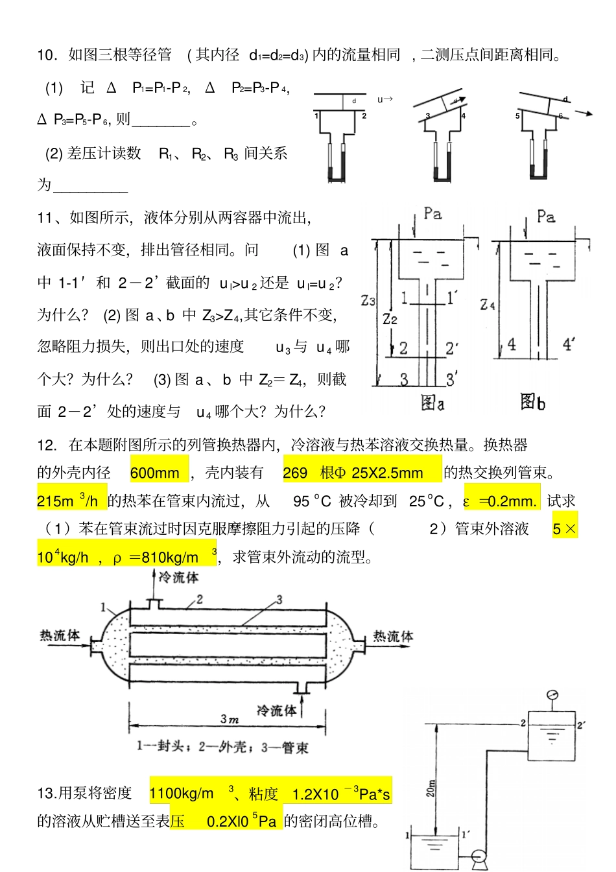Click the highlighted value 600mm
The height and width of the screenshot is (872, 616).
155,473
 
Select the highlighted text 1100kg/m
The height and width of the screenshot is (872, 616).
182,794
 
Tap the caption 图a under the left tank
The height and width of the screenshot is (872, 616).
432,403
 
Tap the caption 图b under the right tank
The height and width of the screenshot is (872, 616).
532,403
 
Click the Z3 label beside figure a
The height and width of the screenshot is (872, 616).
368,301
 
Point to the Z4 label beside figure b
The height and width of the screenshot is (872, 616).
487,304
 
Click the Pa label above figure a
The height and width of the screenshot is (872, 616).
432,213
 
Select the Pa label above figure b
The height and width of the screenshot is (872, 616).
546,217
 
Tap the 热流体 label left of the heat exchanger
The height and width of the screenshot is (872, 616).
60,636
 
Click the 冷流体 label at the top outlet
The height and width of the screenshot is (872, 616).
178,577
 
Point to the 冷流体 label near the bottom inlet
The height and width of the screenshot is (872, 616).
276,711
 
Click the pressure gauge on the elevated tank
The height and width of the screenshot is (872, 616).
552,696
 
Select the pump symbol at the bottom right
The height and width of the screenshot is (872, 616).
479,857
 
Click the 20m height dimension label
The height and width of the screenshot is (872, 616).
431,788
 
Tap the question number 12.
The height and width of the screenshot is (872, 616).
47,445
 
